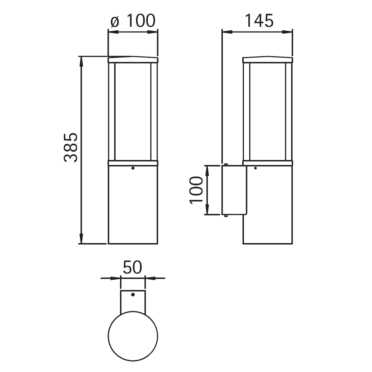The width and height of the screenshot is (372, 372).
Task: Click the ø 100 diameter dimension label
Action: pyautogui.click(x=133, y=20)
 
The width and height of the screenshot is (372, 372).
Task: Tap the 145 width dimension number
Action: pyautogui.click(x=259, y=20)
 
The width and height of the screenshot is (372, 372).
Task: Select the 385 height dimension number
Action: pyautogui.click(x=70, y=147)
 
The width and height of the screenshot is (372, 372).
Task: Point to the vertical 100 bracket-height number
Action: pyautogui.click(x=196, y=190)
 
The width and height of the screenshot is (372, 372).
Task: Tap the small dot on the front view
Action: pyautogui.click(x=133, y=168)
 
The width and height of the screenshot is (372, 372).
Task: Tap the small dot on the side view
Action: pyautogui.click(x=255, y=168)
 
